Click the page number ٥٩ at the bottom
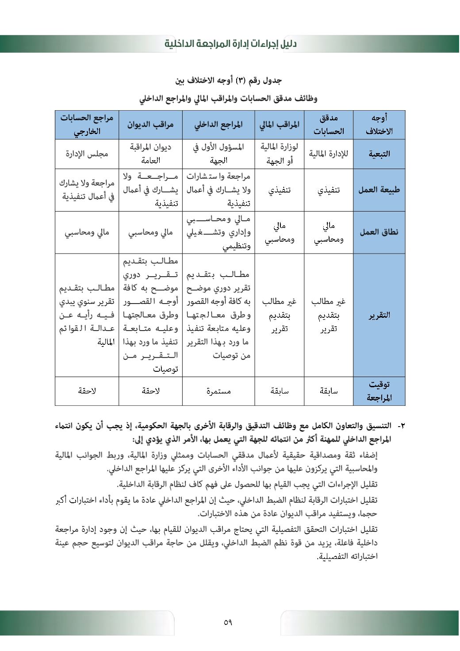point(228,622)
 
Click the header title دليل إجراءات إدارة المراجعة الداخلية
point(230,44)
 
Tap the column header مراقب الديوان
point(150,125)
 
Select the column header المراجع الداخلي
point(218,125)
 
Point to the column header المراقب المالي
point(279,125)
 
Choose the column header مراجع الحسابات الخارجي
point(87,125)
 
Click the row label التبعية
point(379,154)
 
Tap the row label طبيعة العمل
point(379,190)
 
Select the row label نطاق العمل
point(379,232)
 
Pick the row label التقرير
point(379,315)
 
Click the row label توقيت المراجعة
point(379,391)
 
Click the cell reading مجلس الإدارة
point(87,154)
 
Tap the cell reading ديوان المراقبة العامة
point(150,154)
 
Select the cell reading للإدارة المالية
point(329,154)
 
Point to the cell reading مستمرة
point(218,391)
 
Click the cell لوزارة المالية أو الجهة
point(279,154)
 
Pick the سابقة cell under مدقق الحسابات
point(329,391)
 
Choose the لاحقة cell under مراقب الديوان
point(150,391)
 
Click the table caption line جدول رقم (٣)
point(229,81)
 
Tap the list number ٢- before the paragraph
point(401,426)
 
